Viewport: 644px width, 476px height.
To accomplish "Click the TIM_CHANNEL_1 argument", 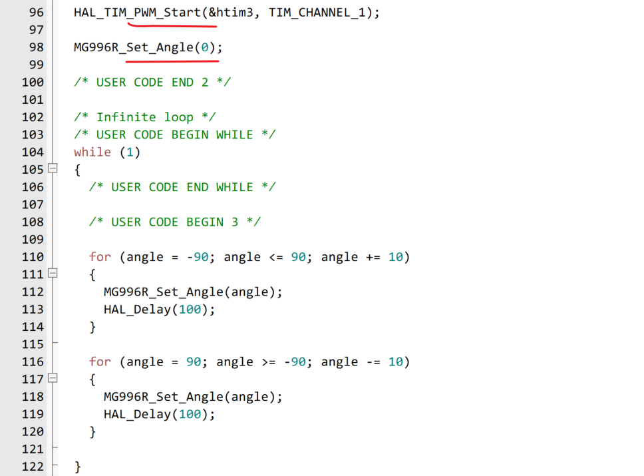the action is point(317,13).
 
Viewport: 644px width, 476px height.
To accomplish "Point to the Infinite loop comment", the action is point(144,117).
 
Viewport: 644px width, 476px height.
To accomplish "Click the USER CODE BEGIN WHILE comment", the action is point(174,134).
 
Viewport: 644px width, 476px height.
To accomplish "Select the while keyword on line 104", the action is point(92,152).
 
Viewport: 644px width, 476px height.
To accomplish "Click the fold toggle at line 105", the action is point(53,169).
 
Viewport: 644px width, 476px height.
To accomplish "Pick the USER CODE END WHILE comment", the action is point(182,187).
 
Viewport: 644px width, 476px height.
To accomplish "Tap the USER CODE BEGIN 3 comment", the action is point(174,222).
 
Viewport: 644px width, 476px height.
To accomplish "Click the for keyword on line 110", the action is point(100,257).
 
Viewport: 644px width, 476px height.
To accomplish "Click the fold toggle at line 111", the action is point(53,274).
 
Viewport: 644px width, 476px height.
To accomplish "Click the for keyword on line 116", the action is point(100,361).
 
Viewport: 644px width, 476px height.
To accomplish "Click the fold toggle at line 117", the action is point(53,379).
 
